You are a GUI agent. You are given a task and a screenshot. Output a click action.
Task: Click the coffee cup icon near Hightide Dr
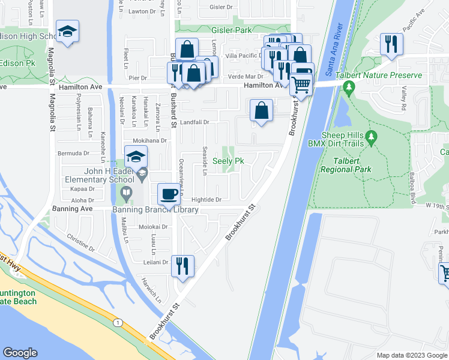(x=168, y=194)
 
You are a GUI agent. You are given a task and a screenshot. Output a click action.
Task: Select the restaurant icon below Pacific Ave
(x=391, y=44)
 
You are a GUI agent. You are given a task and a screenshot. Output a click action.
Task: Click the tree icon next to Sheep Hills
(x=371, y=139)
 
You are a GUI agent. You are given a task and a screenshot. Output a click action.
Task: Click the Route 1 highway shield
(x=118, y=323)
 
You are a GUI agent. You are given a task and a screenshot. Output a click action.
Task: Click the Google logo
(x=20, y=353)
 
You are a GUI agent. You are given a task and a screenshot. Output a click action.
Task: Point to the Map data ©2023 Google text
(x=411, y=355)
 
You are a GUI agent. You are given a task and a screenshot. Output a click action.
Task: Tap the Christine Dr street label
(x=80, y=242)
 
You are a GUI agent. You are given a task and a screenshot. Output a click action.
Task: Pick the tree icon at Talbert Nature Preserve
(x=349, y=89)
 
